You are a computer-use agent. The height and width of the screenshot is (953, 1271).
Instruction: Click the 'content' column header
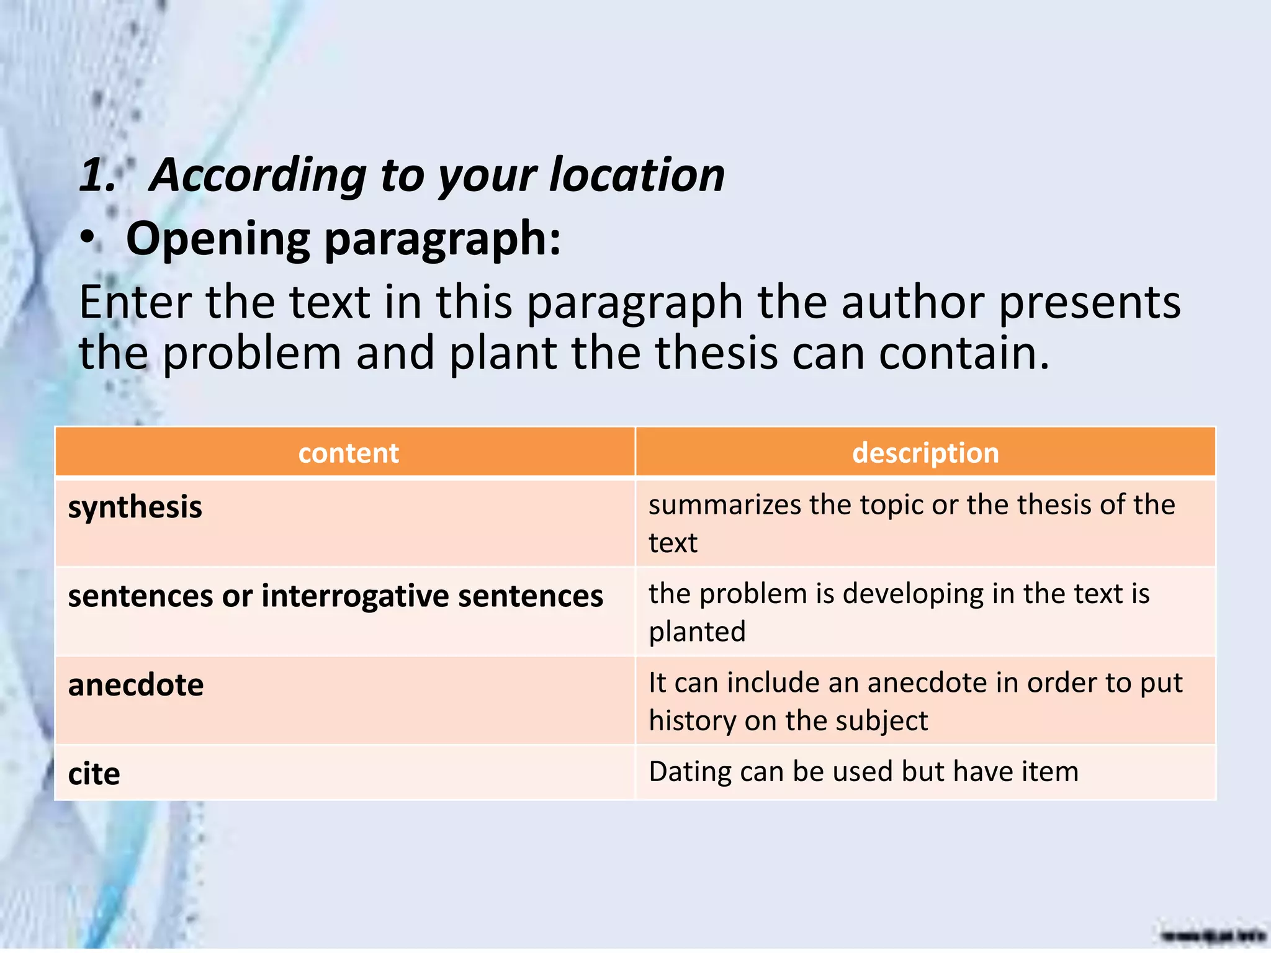click(x=348, y=453)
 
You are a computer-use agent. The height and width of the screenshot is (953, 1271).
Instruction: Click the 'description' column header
click(x=925, y=453)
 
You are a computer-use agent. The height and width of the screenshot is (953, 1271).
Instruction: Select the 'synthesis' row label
click(x=135, y=508)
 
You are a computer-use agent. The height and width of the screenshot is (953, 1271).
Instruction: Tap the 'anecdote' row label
click(x=136, y=685)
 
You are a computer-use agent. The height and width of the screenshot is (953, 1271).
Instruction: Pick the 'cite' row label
click(x=94, y=774)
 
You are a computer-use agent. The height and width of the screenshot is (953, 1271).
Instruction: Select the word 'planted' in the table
click(x=697, y=632)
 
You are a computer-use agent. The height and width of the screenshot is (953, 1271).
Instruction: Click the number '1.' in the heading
click(x=98, y=175)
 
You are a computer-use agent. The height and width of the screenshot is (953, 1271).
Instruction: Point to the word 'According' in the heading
click(x=259, y=176)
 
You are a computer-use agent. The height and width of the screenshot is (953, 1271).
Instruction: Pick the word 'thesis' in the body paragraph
click(x=717, y=353)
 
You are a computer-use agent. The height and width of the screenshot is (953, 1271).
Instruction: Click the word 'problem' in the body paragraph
click(x=252, y=354)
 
